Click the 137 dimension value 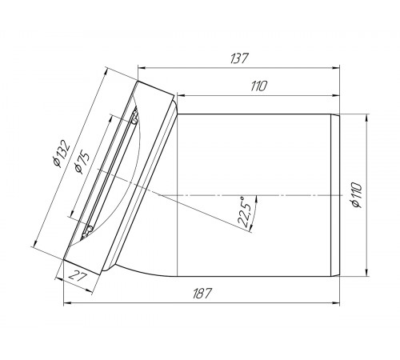239,58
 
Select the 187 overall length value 202,294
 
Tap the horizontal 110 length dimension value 258,86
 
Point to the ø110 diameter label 357,195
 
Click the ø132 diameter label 62,154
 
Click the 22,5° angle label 245,212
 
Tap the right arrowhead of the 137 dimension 336,68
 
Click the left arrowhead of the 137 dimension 142,68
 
